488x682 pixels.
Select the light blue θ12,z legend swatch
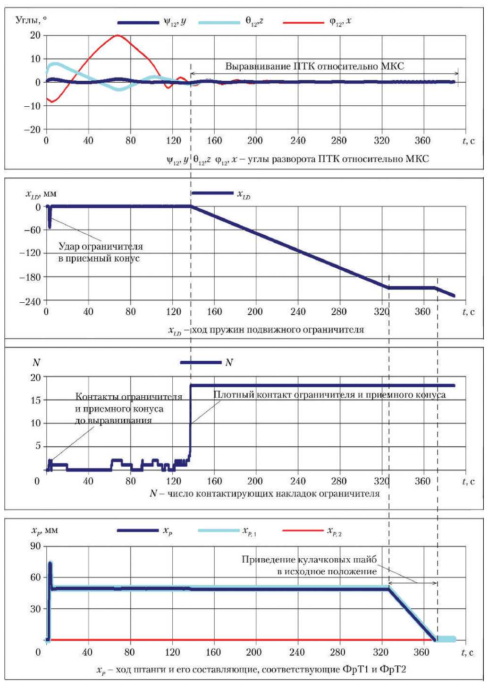[219, 22]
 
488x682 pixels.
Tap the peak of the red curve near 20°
[118, 35]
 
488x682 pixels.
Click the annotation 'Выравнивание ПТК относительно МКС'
[314, 66]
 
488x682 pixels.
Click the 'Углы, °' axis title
[31, 20]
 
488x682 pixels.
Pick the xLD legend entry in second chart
[212, 193]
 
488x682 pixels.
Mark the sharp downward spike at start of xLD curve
[50, 225]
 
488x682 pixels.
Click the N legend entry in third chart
[201, 362]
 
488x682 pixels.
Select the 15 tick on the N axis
[36, 400]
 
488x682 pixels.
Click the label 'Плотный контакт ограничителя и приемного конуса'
[329, 394]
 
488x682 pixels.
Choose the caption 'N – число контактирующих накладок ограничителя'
[264, 494]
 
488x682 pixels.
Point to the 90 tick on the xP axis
[36, 546]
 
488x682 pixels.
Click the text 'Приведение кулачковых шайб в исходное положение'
[309, 565]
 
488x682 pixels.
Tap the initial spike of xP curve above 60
[50, 564]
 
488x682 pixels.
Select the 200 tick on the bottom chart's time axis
[253, 652]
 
